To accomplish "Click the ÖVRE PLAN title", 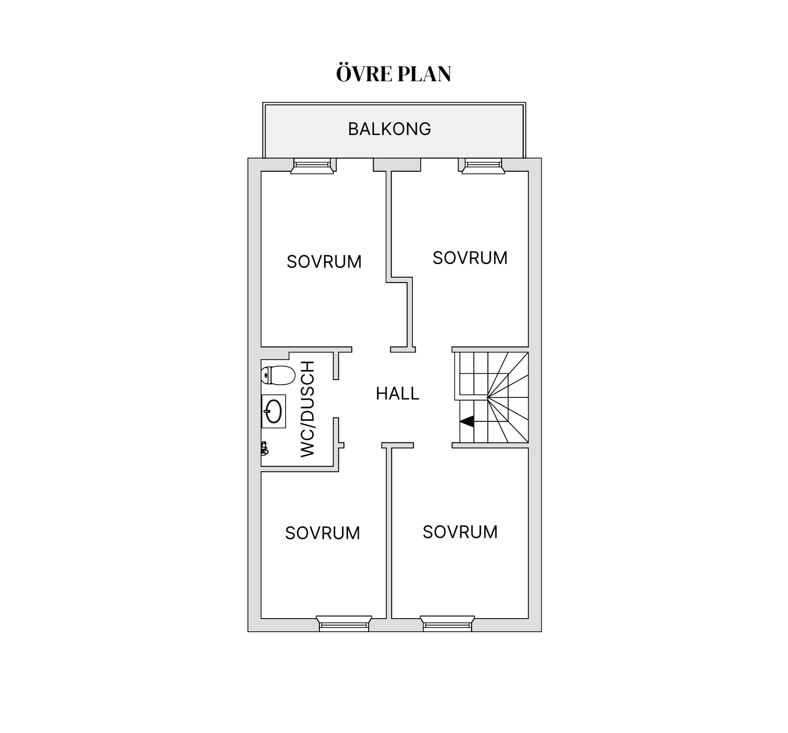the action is click(x=394, y=74).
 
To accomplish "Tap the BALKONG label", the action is click(x=389, y=129).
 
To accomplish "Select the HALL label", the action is click(x=397, y=394).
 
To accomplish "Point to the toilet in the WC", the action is click(x=278, y=375).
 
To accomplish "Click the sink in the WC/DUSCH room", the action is click(x=273, y=411).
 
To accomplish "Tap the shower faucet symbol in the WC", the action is click(x=264, y=448).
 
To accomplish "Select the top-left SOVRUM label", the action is click(x=324, y=262).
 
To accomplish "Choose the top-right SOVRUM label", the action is click(x=470, y=258).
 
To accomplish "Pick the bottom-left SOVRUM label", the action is click(x=323, y=533).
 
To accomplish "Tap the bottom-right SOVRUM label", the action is click(x=460, y=532).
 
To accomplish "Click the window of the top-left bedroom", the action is click(x=312, y=166).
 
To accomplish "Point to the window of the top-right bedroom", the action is click(x=483, y=166).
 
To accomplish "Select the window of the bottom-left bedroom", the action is click(x=344, y=623).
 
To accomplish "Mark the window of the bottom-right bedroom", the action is click(x=447, y=623).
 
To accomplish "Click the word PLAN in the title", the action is click(x=424, y=74).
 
